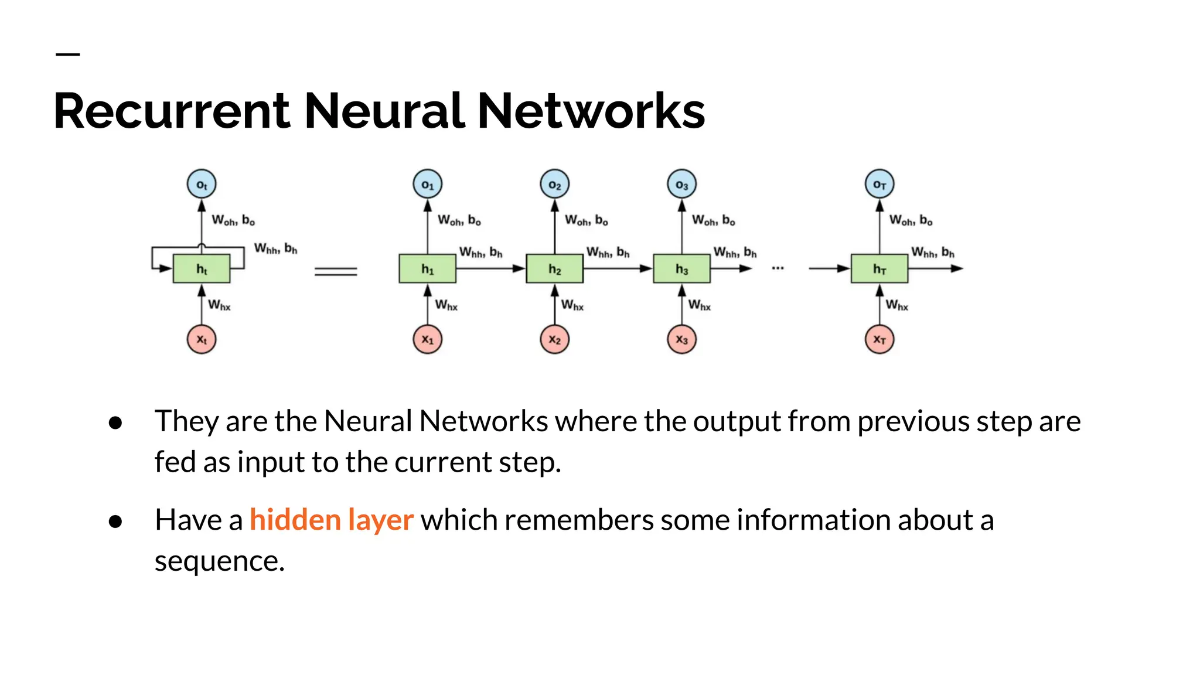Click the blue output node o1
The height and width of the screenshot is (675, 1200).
[x=427, y=185]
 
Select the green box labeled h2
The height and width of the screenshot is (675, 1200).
[x=554, y=269]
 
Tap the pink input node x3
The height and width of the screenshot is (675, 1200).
[x=681, y=339]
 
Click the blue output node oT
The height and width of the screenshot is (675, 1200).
[x=879, y=185]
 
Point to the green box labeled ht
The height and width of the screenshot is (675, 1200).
[x=202, y=269]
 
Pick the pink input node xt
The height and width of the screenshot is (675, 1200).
[x=202, y=339]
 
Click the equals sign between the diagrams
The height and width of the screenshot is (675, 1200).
[x=336, y=271]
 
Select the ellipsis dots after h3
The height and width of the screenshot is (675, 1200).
[x=778, y=268]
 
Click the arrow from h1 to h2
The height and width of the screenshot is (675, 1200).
[x=490, y=268]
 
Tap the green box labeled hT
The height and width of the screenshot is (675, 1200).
[x=879, y=269]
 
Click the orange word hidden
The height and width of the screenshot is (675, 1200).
[x=295, y=520]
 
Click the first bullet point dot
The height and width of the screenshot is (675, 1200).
[x=115, y=422]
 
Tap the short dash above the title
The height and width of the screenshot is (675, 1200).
[x=67, y=54]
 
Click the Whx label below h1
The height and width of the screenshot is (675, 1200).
[x=446, y=305]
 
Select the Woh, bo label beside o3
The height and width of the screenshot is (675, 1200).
[x=713, y=220]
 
